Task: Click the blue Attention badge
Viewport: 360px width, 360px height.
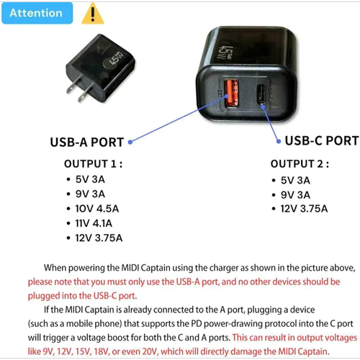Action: click(x=37, y=13)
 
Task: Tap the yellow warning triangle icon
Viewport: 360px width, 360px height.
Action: click(x=93, y=14)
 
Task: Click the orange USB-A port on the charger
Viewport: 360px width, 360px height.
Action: click(x=231, y=93)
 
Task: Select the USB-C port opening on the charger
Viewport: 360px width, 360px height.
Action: click(x=261, y=94)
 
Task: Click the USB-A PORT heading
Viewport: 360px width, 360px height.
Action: click(x=87, y=142)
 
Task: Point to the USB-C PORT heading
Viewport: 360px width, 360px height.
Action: click(x=322, y=140)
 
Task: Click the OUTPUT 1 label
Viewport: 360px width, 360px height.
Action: click(x=94, y=164)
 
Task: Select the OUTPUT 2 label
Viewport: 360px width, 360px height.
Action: click(x=300, y=164)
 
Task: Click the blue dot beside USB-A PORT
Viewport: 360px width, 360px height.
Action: click(x=130, y=142)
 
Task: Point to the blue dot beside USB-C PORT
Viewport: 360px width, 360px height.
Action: click(x=279, y=141)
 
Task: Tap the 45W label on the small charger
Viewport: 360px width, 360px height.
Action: click(x=117, y=59)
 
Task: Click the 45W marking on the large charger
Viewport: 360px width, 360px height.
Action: click(x=225, y=53)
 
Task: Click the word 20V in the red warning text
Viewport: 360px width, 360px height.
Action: click(x=150, y=351)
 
